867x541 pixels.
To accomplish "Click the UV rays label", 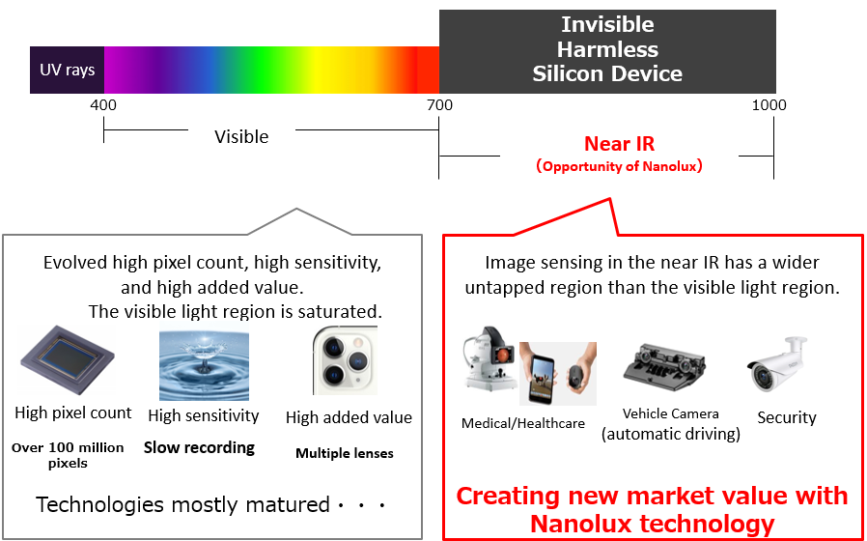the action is pos(67,71).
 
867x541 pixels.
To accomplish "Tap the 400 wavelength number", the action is pos(103,105).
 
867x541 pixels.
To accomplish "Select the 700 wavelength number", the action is pos(439,105).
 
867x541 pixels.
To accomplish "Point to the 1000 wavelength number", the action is pos(769,105).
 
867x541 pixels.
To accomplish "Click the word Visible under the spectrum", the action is pos(241,136).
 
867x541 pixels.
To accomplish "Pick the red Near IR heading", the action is pos(619,144).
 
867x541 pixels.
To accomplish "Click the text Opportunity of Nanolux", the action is pos(619,166).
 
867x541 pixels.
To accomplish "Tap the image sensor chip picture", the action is pos(68,359).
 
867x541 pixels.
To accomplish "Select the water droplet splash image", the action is pos(204,364).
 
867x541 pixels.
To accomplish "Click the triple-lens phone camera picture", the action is pos(345,360).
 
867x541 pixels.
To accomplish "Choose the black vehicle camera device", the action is pos(664,367).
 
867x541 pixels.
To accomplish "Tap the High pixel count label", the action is pos(73,413).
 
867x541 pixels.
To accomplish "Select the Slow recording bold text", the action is pos(199,447).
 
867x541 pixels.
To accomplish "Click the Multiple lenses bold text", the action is pos(345,454).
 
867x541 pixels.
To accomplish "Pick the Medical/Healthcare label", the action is pos(523,424).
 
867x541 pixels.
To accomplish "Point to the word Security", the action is pos(787,417).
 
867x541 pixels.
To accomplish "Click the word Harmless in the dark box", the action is pos(607,50).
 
